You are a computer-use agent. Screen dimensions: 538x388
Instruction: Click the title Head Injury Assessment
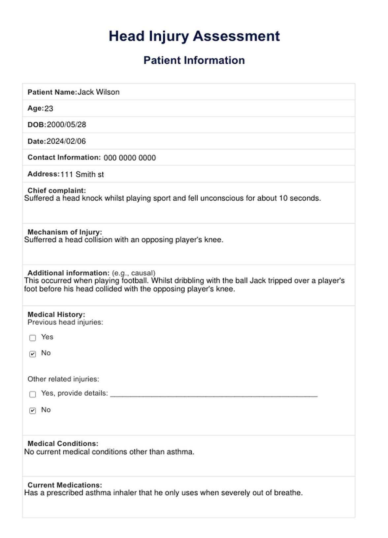(194, 36)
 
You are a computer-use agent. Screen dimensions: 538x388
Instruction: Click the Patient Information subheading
(194, 60)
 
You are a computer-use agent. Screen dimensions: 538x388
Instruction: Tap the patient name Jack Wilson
(98, 92)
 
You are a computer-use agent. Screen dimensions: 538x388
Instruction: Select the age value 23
(49, 109)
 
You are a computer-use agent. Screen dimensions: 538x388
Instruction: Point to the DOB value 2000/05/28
(66, 125)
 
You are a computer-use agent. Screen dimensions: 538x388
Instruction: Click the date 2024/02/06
(66, 141)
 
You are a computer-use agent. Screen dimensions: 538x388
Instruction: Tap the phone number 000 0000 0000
(130, 158)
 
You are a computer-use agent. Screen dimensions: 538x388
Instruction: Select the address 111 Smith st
(82, 174)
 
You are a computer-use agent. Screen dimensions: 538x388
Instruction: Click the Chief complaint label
(56, 190)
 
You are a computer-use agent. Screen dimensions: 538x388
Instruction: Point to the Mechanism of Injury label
(65, 232)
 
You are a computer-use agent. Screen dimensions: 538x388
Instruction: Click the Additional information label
(68, 273)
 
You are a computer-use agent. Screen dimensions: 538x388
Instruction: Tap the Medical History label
(56, 315)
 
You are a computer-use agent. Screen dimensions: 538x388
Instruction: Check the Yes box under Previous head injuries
(33, 338)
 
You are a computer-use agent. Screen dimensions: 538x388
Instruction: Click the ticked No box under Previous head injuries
(33, 354)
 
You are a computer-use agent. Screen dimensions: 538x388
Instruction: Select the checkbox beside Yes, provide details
(33, 394)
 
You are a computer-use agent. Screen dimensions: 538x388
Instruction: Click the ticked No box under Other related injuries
(33, 411)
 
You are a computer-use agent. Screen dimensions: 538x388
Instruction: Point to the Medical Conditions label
(63, 444)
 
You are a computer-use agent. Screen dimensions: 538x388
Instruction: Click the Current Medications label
(65, 485)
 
